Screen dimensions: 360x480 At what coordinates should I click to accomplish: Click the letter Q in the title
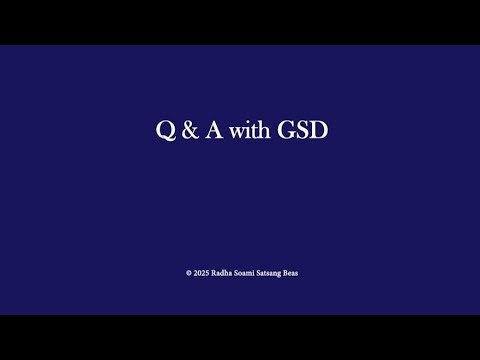coord(164,131)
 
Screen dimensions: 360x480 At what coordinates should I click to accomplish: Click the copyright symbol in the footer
coord(188,272)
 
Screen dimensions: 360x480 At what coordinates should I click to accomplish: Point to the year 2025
coord(201,272)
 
